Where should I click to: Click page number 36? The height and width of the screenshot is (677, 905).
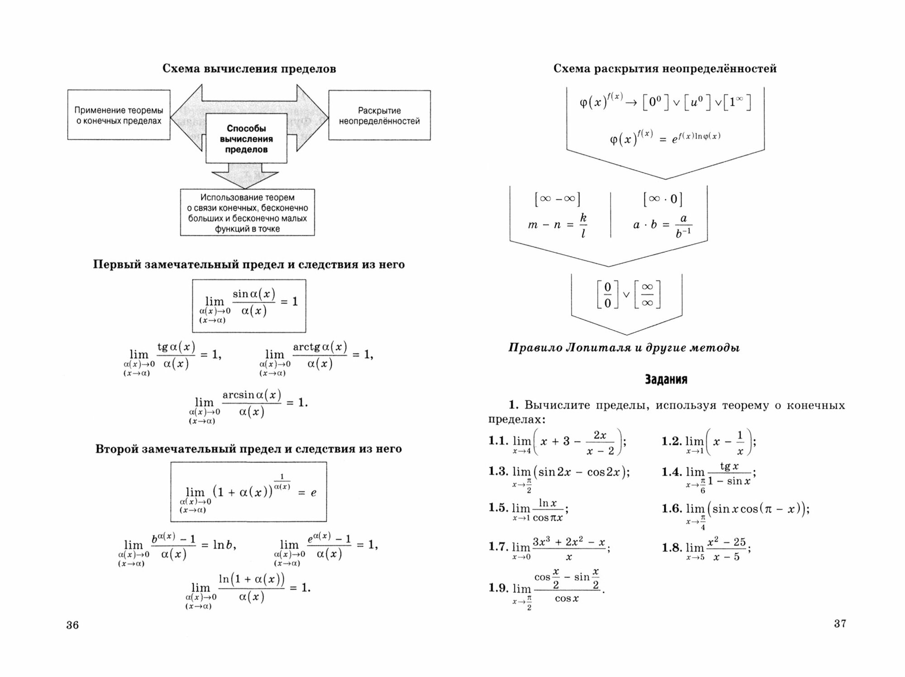72,625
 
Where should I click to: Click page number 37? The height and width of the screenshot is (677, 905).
839,624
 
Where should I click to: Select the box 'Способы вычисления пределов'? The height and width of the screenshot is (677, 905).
246,139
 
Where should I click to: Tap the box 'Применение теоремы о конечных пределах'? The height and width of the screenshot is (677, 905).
119,115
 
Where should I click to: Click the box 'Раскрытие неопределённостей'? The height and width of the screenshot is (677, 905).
379,116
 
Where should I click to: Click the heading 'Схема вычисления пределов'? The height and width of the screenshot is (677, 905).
249,69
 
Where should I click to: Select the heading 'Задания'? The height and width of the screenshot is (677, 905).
666,379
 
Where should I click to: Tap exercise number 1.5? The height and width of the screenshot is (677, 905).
498,507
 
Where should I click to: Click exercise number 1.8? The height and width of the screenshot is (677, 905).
672,548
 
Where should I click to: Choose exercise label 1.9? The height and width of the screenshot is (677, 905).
498,587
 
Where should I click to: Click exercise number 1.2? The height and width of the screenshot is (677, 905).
672,441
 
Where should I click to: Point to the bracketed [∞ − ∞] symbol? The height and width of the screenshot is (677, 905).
557,199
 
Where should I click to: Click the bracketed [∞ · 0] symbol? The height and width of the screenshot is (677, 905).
662,199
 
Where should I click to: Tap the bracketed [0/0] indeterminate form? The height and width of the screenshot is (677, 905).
607,295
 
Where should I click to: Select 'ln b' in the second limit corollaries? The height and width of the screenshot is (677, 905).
224,545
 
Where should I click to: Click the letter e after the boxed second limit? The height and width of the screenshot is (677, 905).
313,493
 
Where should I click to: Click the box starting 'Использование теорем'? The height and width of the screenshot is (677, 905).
247,213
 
